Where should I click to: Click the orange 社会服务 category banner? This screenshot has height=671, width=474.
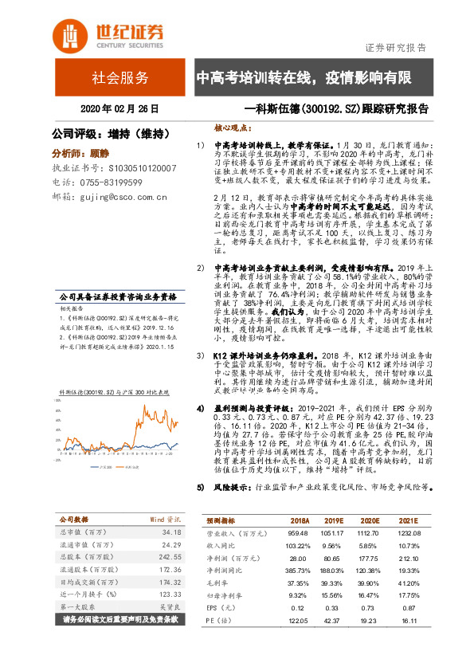(x=119, y=78)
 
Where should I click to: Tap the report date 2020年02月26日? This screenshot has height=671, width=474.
(x=119, y=108)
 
